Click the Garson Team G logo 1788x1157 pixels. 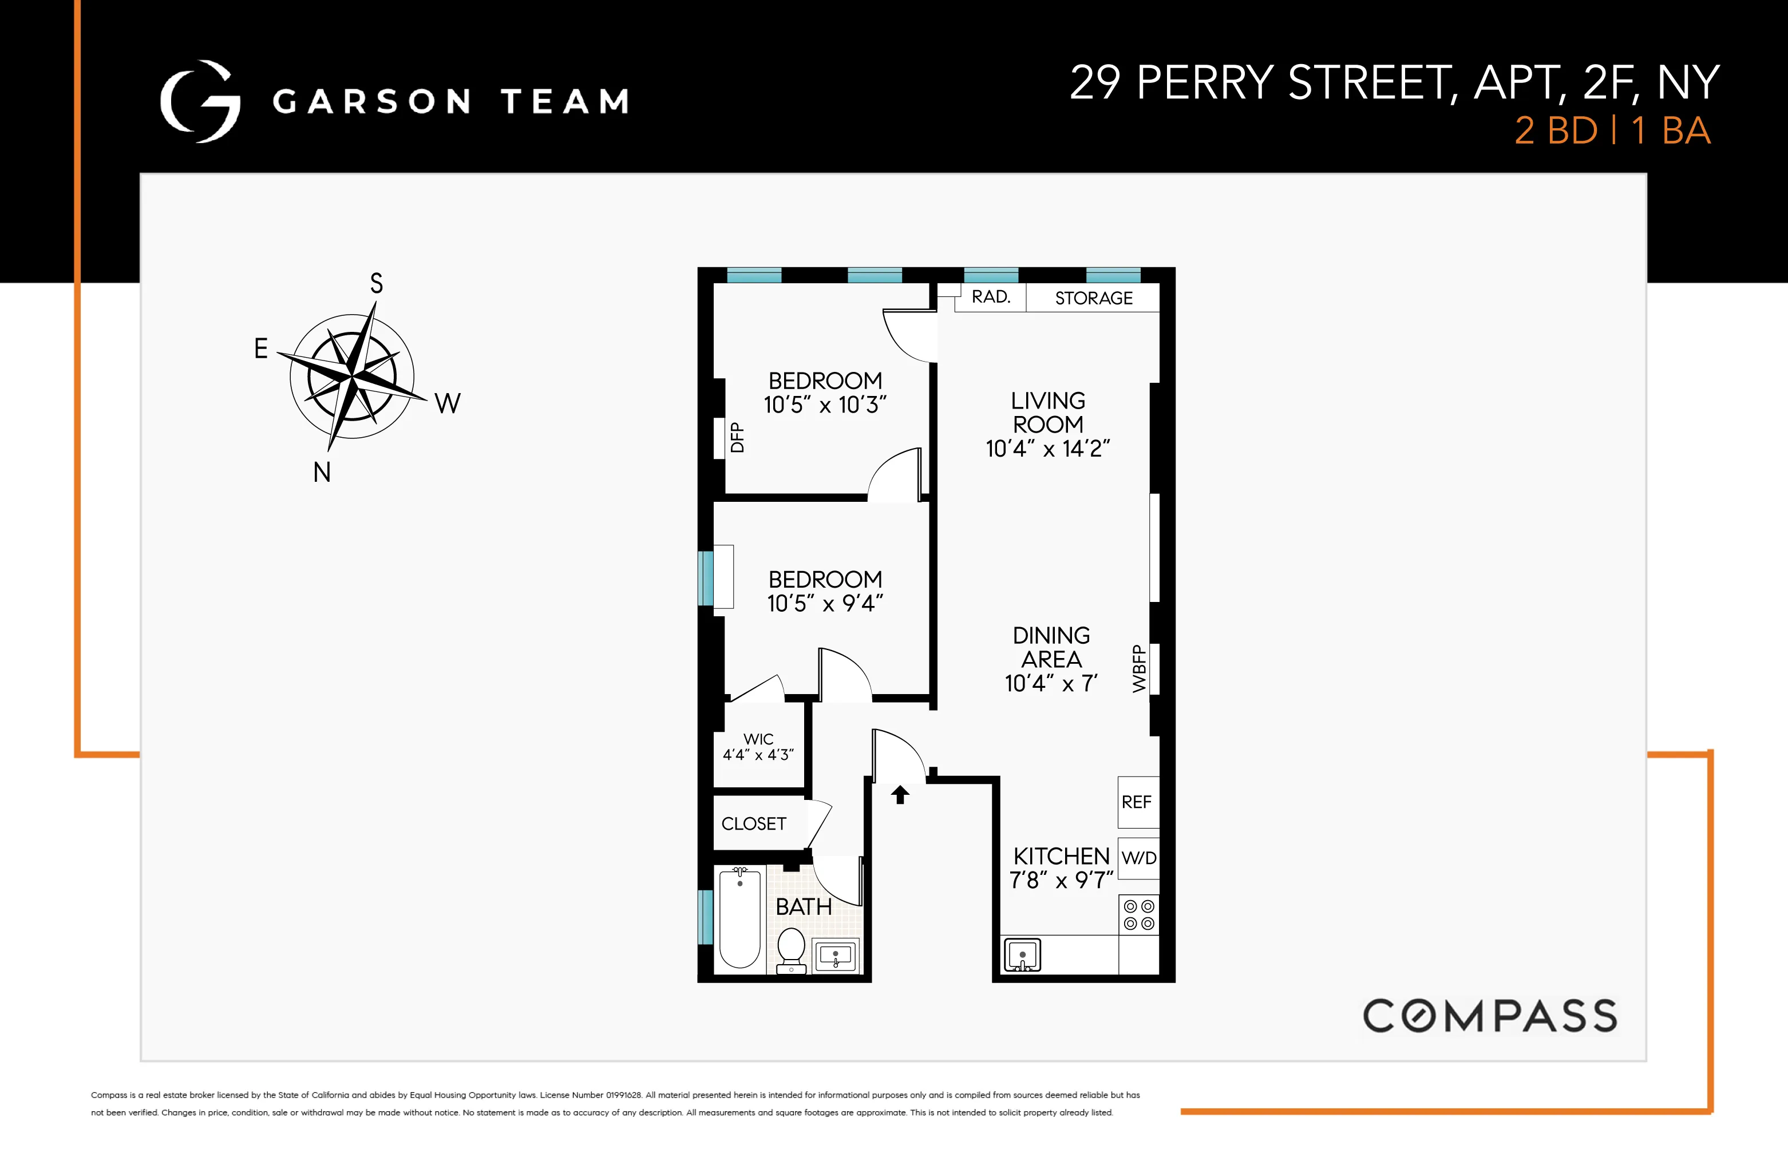(x=200, y=101)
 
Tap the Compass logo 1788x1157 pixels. (x=1490, y=1016)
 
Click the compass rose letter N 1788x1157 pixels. (x=322, y=473)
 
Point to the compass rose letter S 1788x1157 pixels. (x=377, y=283)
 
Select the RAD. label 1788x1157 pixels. (x=991, y=297)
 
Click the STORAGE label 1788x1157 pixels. (x=1093, y=298)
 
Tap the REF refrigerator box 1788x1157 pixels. (x=1137, y=802)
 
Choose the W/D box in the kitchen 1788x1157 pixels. (x=1138, y=858)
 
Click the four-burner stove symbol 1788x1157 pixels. (x=1138, y=915)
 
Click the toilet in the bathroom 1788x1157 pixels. (x=791, y=950)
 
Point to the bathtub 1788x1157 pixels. (x=740, y=918)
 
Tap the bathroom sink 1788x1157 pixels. (x=836, y=956)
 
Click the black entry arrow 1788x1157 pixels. (x=900, y=794)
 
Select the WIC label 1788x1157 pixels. (x=758, y=739)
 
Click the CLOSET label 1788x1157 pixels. (x=754, y=824)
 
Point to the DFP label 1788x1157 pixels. (x=737, y=437)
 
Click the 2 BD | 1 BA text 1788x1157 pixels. (x=1612, y=130)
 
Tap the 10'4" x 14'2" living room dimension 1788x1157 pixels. (x=1047, y=449)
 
